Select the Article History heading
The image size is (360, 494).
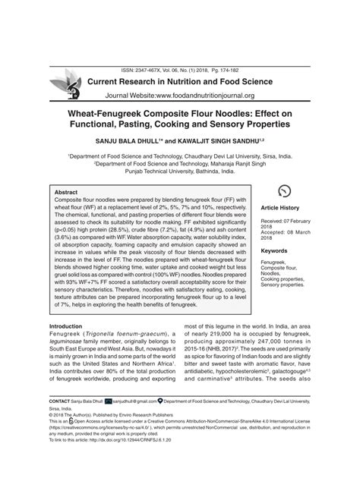[x=281, y=207]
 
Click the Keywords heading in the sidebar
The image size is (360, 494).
[x=274, y=250]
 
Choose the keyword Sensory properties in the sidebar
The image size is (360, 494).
[x=282, y=285]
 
